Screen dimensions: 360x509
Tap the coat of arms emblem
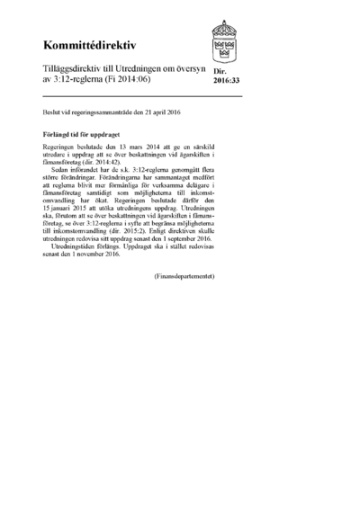click(224, 39)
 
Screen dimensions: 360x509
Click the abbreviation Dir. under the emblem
click(220, 71)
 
